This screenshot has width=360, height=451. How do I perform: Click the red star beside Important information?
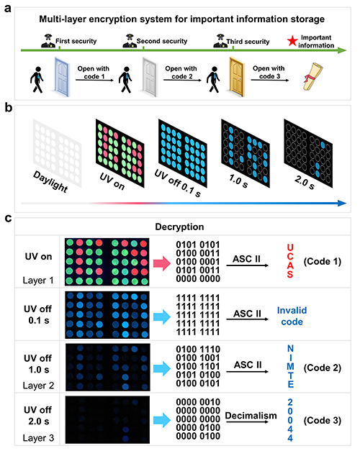click(x=292, y=41)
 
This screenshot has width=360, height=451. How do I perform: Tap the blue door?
click(x=62, y=76)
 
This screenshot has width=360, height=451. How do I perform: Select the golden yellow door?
click(x=237, y=76)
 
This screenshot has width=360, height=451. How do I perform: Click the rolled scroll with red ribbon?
click(x=312, y=77)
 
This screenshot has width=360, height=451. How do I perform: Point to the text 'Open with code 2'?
click(x=181, y=73)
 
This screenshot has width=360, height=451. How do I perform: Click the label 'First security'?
click(x=76, y=41)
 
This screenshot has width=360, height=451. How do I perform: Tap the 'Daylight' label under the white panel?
click(x=50, y=181)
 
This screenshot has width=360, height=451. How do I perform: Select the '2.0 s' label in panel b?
click(x=305, y=183)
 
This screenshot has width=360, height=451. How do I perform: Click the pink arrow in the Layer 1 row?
click(x=162, y=263)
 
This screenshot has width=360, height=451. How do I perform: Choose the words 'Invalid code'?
click(x=292, y=316)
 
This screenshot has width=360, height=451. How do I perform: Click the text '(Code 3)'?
click(x=323, y=421)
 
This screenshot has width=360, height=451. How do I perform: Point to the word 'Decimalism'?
click(x=251, y=416)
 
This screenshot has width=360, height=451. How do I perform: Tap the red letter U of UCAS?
click(x=290, y=247)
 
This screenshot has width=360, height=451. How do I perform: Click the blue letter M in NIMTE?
click(x=290, y=366)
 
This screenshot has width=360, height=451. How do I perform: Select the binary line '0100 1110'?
click(x=198, y=350)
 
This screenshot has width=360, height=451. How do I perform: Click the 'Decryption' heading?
click(x=179, y=227)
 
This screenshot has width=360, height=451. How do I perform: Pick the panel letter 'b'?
click(x=8, y=108)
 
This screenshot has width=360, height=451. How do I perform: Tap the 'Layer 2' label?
click(x=38, y=386)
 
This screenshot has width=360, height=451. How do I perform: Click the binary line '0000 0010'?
click(x=198, y=402)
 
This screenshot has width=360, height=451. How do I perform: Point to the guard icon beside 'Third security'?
click(x=220, y=41)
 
